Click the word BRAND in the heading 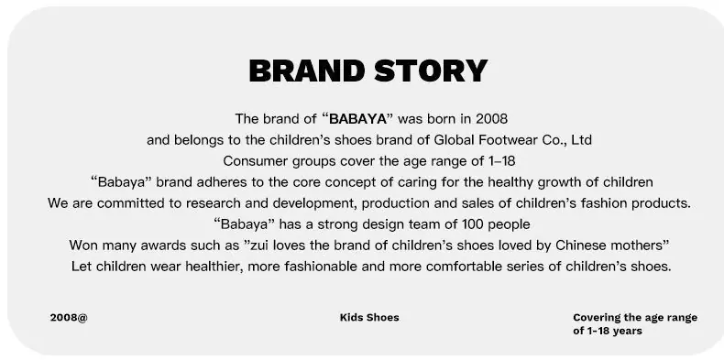coord(307,71)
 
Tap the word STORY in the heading coord(431,71)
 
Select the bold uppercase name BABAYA coord(357,119)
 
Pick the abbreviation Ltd coord(582,140)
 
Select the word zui coord(258,245)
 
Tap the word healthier coord(213,267)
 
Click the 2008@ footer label coord(69,318)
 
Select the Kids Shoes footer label coord(369,318)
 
